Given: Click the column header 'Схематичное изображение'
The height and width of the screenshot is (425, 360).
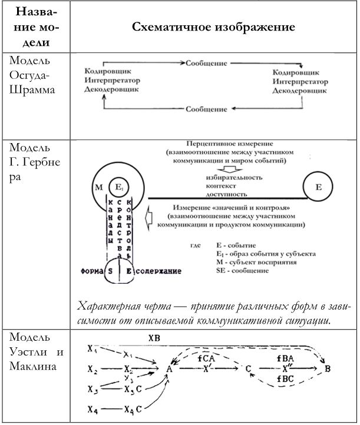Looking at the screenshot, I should tap(213, 28).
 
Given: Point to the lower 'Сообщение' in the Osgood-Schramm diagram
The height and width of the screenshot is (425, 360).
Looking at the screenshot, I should tap(206, 109).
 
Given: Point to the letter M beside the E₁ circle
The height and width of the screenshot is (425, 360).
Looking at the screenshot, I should tap(99, 188).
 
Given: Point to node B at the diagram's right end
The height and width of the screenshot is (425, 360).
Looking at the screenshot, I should tap(326, 368).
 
